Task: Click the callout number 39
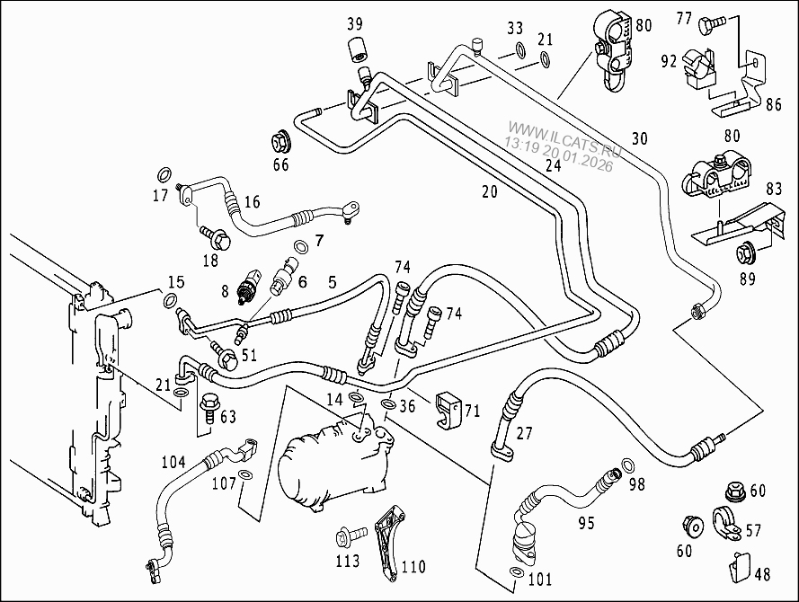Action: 354,23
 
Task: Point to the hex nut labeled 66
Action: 280,141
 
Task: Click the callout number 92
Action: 669,63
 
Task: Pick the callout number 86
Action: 773,105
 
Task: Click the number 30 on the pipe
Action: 639,138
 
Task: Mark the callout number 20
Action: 489,191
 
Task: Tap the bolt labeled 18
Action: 218,240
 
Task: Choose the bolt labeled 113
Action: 347,537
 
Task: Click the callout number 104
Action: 173,463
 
